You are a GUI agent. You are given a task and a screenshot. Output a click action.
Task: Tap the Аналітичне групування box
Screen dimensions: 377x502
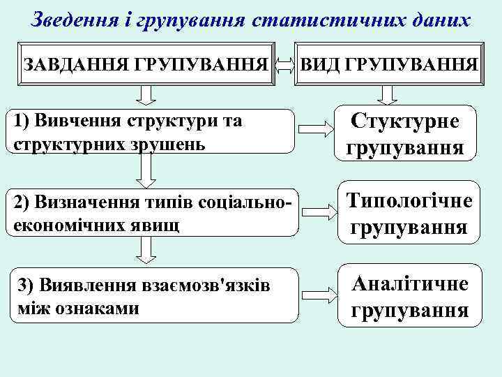coord(409,296)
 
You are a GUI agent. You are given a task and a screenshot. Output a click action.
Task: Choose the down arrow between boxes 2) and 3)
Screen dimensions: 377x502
coord(146,250)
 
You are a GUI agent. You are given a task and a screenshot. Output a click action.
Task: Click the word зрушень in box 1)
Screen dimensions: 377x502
coord(171,144)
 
